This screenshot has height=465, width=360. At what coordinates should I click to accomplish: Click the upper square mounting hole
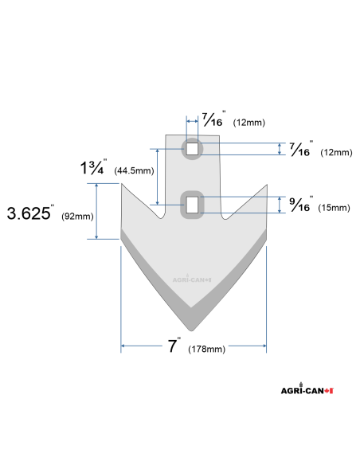click(x=191, y=149)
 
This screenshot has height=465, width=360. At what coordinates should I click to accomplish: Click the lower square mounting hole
click(x=192, y=204)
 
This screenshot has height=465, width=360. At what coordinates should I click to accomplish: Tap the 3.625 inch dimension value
click(x=29, y=214)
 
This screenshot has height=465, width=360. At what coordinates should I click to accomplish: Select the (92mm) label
click(x=77, y=216)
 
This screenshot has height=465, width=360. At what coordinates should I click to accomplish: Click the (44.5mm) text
click(x=133, y=171)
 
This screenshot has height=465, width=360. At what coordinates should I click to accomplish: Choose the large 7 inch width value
click(x=173, y=346)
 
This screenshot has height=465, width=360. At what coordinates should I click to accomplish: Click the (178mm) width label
click(x=206, y=350)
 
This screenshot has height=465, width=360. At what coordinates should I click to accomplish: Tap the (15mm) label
click(x=333, y=208)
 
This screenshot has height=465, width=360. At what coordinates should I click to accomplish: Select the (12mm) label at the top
click(x=248, y=123)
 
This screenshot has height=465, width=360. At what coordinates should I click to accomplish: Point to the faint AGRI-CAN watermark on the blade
click(x=191, y=279)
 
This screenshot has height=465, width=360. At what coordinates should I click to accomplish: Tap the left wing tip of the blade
click(x=122, y=186)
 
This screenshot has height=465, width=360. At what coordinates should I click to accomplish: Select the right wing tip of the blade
click(x=265, y=186)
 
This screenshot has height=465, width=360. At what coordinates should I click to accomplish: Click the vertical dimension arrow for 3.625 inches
click(x=98, y=211)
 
